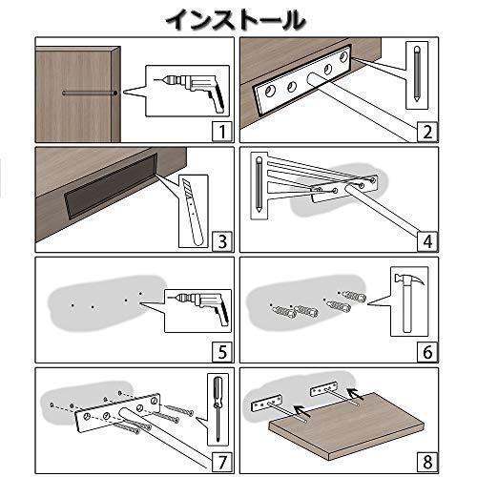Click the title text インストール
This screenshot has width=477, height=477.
click(x=236, y=20)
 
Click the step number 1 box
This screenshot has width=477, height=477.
click(x=222, y=131)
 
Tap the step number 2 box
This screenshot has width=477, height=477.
click(x=427, y=131)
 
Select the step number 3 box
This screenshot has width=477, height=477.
click(x=222, y=241)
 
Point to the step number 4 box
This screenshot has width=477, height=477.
click(x=427, y=241)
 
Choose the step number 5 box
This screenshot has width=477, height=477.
click(x=222, y=352)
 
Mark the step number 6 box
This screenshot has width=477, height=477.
click(x=427, y=352)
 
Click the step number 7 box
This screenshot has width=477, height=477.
click(x=222, y=462)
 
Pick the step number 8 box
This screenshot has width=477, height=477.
click(x=427, y=462)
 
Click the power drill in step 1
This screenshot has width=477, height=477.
click(x=191, y=91)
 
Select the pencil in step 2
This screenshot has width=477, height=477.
click(x=417, y=73)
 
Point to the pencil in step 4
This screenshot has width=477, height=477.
click(x=259, y=184)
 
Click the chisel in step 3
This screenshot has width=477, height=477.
click(x=193, y=212)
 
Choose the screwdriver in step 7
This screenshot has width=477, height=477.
click(x=218, y=408)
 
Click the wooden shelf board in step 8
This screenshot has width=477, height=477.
click(x=346, y=425)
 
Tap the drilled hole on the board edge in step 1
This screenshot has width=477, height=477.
click(x=115, y=93)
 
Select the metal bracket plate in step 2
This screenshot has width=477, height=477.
click(x=302, y=79)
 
